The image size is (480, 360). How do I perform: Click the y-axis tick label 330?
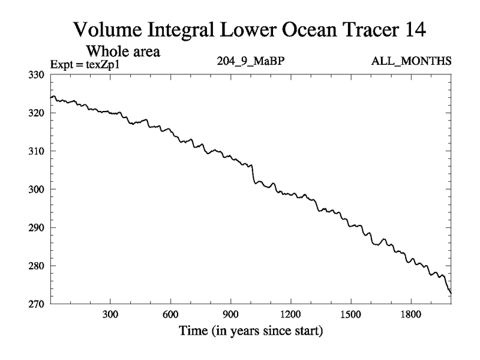(38, 74)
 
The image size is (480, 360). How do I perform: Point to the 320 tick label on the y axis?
(38, 113)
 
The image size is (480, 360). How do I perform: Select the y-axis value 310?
(38, 151)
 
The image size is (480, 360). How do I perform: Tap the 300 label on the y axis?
(38, 189)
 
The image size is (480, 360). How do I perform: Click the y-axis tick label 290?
(38, 227)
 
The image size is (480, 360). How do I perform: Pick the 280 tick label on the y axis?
(38, 265)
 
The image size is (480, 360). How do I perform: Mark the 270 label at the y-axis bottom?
(38, 304)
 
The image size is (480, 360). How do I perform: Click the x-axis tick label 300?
(110, 314)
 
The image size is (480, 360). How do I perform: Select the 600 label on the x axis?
(170, 314)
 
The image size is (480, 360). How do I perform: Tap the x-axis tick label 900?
(230, 314)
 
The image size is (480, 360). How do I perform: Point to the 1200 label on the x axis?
(290, 314)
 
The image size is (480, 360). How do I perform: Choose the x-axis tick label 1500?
(350, 314)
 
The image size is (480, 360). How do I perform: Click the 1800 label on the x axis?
(410, 314)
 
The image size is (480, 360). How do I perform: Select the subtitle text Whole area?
(124, 52)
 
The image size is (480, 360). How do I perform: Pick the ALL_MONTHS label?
(412, 61)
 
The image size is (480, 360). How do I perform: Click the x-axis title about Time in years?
(250, 330)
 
